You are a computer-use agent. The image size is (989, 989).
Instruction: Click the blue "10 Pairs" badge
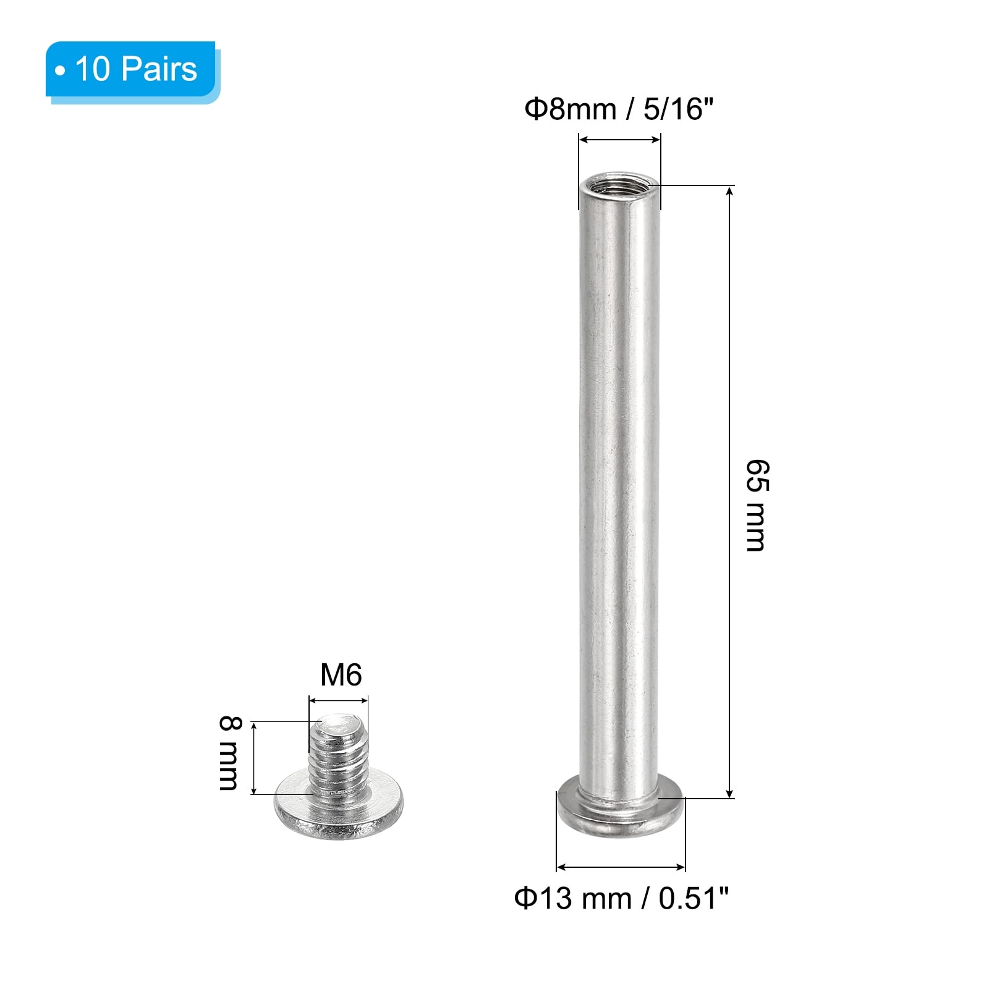pos(132,70)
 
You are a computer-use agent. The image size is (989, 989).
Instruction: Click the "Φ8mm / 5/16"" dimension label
pos(619,109)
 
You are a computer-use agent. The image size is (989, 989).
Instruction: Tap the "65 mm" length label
pos(757,505)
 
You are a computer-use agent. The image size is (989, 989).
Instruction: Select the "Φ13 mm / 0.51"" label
pos(621,898)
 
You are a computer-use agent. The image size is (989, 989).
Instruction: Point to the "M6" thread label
pos(341,675)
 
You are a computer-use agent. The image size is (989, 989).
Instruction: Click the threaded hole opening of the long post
pos(619,184)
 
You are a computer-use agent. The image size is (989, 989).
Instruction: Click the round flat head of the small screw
pos(338,807)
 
